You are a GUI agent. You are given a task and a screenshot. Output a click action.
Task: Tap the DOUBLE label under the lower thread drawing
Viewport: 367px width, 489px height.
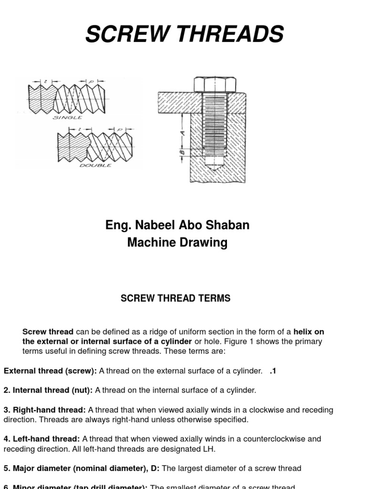tap(96, 165)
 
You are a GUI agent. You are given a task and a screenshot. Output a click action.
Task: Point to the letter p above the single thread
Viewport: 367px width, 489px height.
tap(91, 82)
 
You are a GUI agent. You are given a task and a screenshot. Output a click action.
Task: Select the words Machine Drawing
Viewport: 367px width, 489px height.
tap(177, 243)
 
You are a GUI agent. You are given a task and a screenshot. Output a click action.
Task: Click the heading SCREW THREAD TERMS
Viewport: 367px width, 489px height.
tap(175, 298)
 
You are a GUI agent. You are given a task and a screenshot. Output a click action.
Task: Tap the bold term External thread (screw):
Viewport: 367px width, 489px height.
tap(50, 371)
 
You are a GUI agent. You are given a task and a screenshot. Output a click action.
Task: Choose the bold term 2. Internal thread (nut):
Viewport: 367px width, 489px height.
tap(48, 390)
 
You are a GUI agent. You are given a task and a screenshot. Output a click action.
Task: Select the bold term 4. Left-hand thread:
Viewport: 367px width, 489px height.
tap(42, 438)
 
